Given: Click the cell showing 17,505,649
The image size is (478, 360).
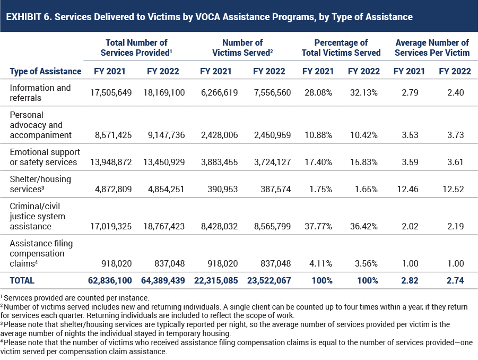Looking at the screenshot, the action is coord(111,92).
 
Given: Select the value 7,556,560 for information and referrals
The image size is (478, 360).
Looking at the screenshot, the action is coord(273,92).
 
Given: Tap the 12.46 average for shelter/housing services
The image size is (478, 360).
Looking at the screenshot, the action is coord(408,189).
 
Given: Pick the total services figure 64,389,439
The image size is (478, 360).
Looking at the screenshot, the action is coord(163,280).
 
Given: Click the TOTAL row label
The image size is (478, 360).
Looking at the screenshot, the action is coord(22,280).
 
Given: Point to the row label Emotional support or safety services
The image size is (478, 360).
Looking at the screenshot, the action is coord(45,157).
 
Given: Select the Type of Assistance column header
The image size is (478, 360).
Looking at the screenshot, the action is coord(46,71).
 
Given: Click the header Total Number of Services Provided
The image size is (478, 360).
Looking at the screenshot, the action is coord(136,48).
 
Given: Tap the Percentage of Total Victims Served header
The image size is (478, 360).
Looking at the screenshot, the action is coord(341,48).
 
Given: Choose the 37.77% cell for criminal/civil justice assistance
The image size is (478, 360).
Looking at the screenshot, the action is coord(318,226).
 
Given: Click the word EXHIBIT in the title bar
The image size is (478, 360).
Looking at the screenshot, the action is coord(23,17).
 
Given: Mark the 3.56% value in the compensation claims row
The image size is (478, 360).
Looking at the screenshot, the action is coord(366,263).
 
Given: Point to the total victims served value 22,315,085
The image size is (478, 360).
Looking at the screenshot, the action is coord(216,280).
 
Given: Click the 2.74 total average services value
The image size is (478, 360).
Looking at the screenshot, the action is coord(455,280).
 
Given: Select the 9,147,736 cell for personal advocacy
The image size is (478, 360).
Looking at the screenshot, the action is coord(167,135).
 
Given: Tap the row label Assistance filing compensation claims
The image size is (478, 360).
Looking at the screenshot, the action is coord(41,253).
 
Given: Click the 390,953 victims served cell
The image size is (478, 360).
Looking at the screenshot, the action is coord(222,189).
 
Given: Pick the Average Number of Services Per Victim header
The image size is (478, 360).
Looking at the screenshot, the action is coord(432,48).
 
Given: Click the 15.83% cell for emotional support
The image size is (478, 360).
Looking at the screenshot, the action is coord(364,162).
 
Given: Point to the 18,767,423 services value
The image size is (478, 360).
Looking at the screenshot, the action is coord(164,226).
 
